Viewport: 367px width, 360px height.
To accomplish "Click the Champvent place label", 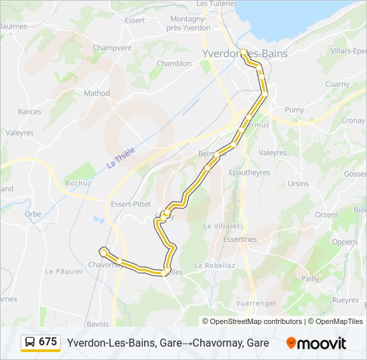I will tap(112, 48).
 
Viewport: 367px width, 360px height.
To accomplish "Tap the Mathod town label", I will tap(97, 93).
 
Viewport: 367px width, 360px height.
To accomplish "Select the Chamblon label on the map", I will tap(174, 64).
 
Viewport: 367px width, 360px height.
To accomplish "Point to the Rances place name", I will tap(29, 112).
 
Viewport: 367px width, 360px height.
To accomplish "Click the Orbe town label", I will tap(33, 215).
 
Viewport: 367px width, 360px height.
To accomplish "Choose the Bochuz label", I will tap(77, 183).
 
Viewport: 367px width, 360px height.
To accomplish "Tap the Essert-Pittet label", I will tap(131, 204).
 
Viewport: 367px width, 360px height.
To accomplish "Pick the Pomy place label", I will tap(294, 110).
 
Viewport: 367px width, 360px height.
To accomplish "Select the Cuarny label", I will tap(337, 85).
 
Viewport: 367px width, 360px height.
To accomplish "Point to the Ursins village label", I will tap(298, 184).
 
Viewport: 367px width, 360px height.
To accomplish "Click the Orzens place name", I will tap(327, 215).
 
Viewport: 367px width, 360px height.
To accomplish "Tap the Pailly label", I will tap(310, 279).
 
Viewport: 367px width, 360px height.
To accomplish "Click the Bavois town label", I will tap(97, 324).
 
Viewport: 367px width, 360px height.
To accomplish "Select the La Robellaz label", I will tap(215, 265).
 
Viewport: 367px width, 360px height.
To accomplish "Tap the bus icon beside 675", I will tap(30, 342).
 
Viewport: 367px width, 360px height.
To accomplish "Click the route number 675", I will tap(48, 342).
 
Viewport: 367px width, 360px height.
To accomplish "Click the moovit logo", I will tap(316, 343).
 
